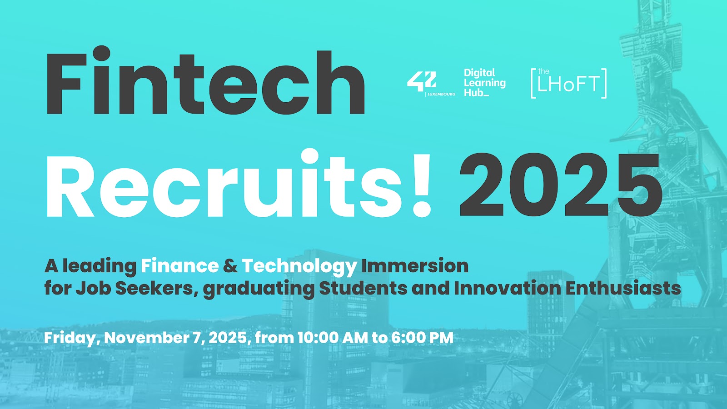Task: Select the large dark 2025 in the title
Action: click(x=560, y=185)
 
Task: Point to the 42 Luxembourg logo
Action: click(x=431, y=84)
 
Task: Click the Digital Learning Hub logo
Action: click(x=484, y=82)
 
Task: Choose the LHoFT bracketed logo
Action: click(x=568, y=83)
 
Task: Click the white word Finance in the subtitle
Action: click(x=180, y=266)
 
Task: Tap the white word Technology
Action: click(x=299, y=267)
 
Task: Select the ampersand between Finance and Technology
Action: click(x=230, y=266)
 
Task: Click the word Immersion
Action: click(x=415, y=266)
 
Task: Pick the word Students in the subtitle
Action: click(x=363, y=288)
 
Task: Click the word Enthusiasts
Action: click(x=623, y=288)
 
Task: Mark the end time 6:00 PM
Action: click(x=422, y=338)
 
